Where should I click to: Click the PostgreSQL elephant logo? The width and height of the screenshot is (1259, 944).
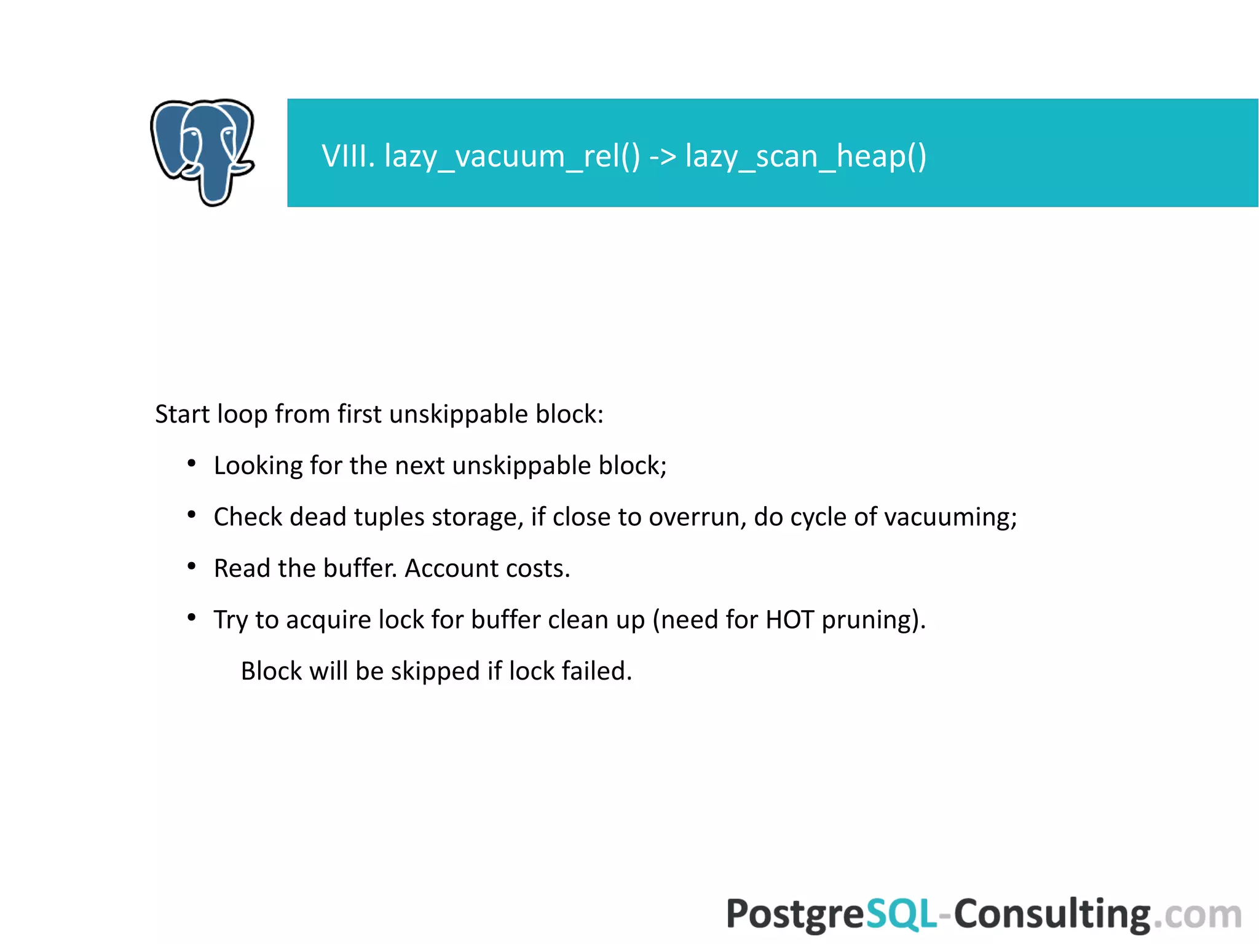(x=202, y=152)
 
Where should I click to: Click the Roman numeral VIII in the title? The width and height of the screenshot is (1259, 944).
(x=348, y=156)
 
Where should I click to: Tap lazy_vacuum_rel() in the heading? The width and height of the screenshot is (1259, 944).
(x=512, y=156)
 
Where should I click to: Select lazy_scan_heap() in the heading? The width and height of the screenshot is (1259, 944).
(x=805, y=156)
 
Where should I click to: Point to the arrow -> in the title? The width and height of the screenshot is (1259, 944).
(x=663, y=156)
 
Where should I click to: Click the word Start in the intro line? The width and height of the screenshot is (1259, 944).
(x=182, y=414)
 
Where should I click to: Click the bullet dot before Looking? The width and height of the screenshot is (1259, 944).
(x=192, y=463)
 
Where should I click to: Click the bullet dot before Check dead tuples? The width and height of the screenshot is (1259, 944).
(x=192, y=515)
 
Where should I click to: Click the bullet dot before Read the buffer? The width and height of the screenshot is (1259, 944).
(x=192, y=566)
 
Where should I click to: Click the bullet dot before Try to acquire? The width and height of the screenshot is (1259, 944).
(x=192, y=617)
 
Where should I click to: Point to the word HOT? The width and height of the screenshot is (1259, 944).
(x=790, y=619)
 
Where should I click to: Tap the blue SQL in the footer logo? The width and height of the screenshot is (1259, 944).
(x=901, y=914)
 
